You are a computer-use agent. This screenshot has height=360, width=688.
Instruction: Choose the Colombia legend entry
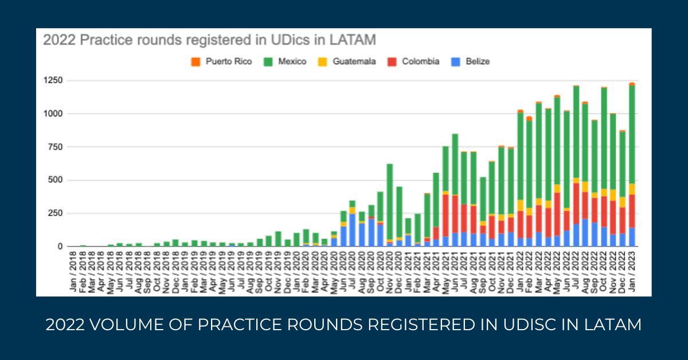(420, 61)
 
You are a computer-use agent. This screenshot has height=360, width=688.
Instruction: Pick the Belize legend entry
(476, 61)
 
